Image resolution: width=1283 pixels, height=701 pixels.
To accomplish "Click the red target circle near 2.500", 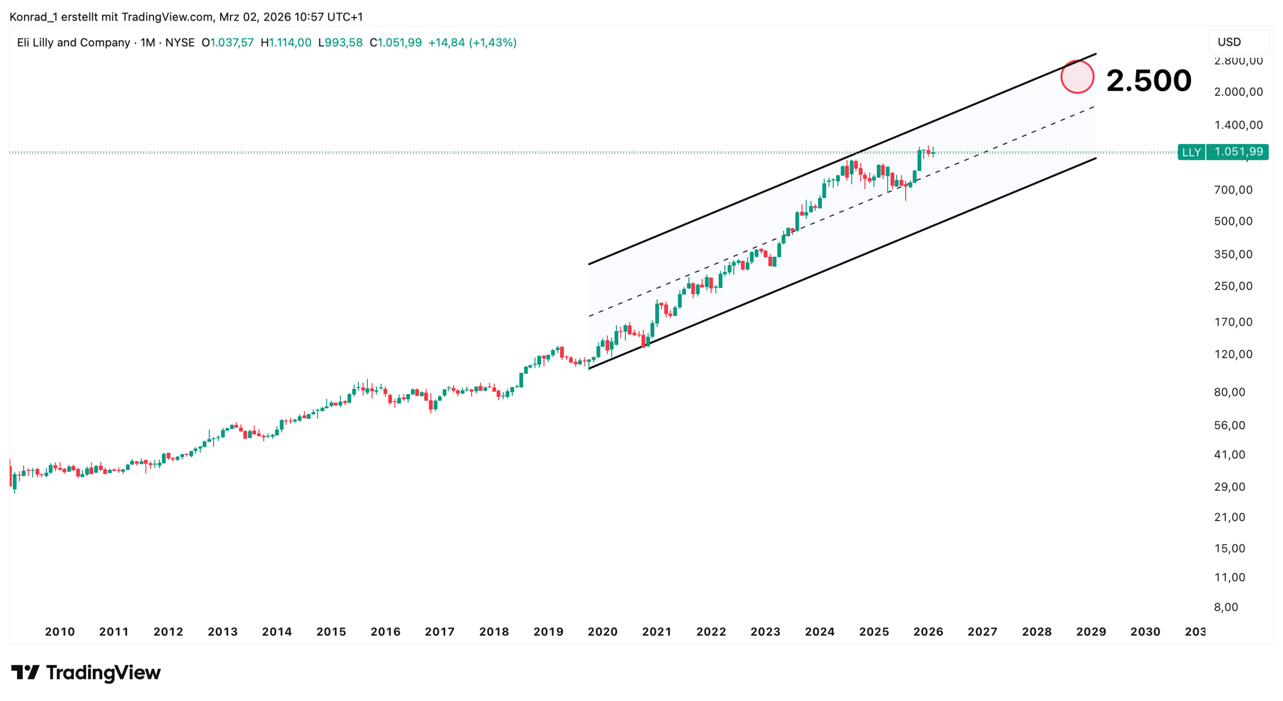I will click(x=1077, y=77).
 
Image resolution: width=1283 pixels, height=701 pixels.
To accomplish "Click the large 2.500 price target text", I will click(x=1148, y=80).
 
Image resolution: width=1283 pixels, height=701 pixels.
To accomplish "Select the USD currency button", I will click(x=1229, y=42).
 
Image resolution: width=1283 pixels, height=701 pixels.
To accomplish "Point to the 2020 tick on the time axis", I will click(x=602, y=632).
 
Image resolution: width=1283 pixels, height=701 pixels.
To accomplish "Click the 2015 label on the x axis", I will click(x=331, y=632).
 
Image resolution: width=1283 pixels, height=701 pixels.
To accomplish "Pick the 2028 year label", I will click(x=1036, y=632).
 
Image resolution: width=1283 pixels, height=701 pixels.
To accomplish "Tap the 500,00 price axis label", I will click(x=1233, y=221).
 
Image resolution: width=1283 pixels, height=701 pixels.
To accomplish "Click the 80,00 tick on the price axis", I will click(x=1229, y=392).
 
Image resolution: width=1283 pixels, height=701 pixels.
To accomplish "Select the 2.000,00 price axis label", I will click(x=1238, y=92).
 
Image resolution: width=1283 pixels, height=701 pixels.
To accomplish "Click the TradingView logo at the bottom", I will click(x=86, y=672).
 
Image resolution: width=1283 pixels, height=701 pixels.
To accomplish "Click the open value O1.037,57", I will click(x=228, y=43).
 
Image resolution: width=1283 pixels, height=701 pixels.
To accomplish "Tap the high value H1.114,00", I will click(x=286, y=43).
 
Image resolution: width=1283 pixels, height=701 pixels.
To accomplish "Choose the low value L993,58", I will click(x=340, y=43).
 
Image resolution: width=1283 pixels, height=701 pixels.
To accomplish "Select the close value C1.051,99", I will click(x=395, y=43).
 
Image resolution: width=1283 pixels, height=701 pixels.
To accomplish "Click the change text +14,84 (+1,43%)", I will click(x=472, y=43).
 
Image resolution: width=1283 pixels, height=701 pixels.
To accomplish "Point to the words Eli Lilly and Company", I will click(x=73, y=43).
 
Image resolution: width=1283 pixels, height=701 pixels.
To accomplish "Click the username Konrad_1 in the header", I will click(x=33, y=17).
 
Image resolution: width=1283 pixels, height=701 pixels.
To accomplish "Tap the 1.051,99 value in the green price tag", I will click(x=1238, y=152).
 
